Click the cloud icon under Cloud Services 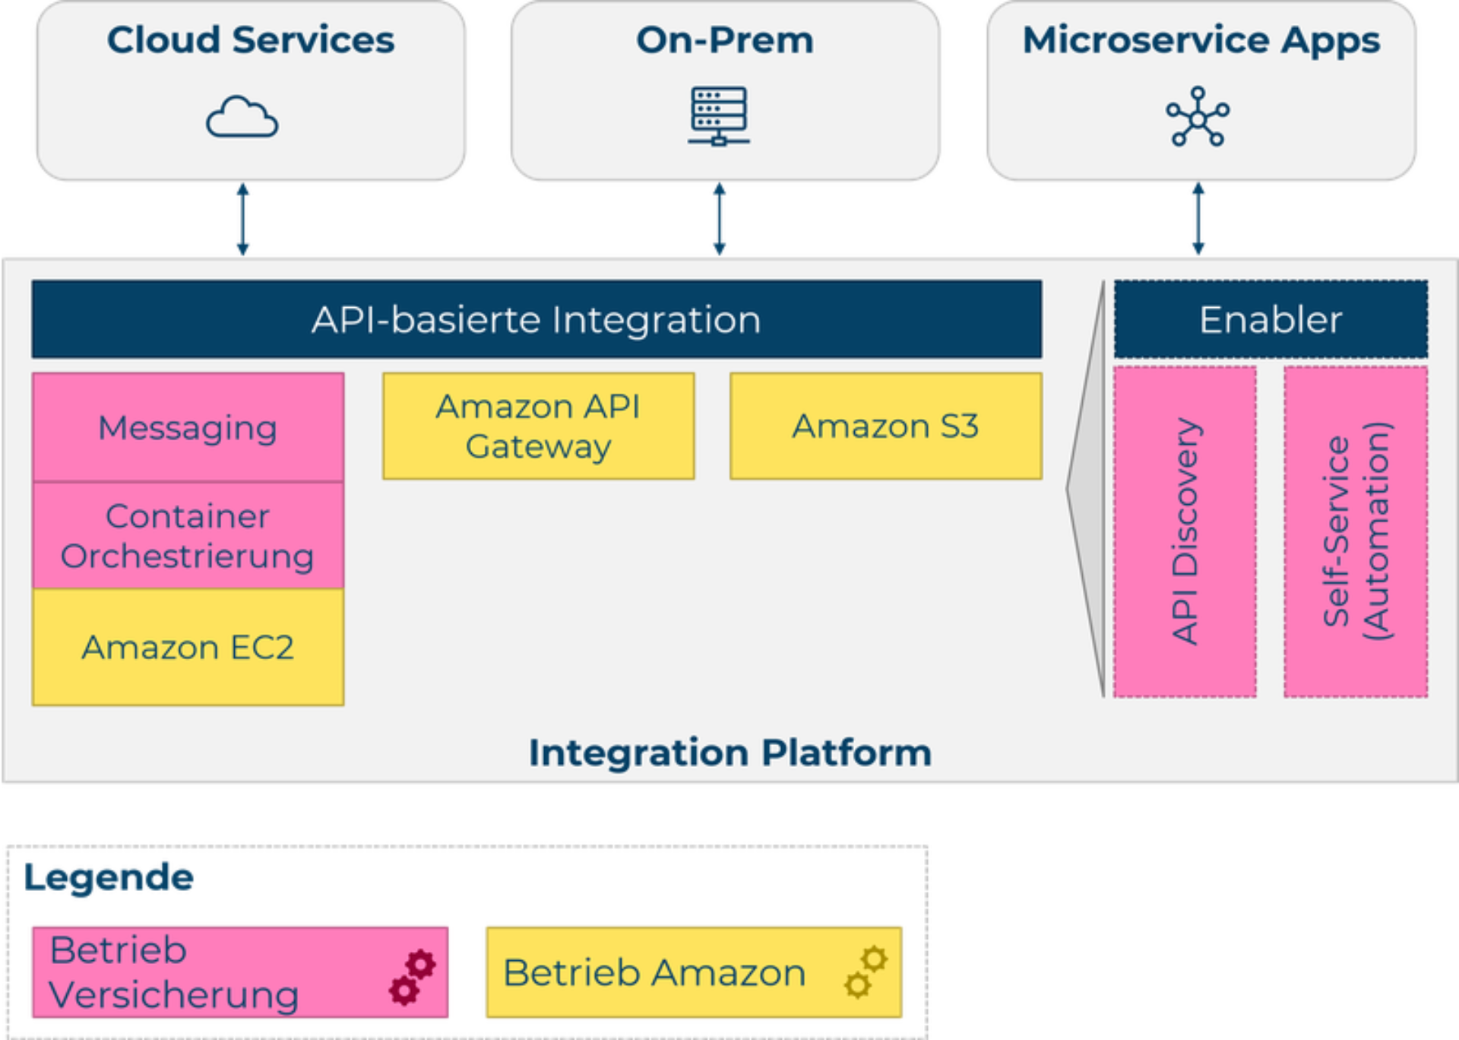point(242,117)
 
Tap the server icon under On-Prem point(719,116)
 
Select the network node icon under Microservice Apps point(1198,116)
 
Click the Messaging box point(188,427)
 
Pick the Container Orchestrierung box point(188,536)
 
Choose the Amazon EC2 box point(188,648)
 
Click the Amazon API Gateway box point(538,426)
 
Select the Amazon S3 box point(885,426)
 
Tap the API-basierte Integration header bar point(536,319)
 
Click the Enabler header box point(1271,319)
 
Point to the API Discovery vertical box point(1185,531)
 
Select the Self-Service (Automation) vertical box point(1356,531)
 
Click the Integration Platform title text point(729,753)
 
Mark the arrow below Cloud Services point(242,219)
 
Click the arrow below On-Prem point(719,219)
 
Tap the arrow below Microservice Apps point(1198,219)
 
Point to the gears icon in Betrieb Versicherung point(412,977)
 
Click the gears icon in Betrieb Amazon point(866,972)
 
